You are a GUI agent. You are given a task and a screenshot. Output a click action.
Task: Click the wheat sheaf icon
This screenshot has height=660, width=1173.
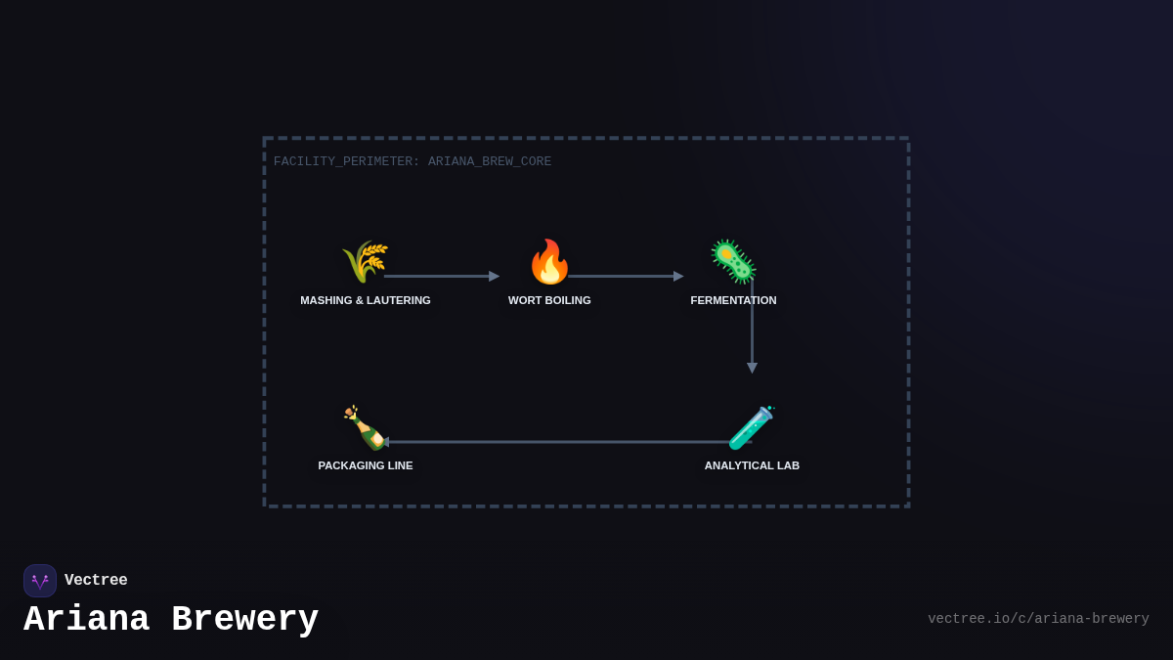(365, 261)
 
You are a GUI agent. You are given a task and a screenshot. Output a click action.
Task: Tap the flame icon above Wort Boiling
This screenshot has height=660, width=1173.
(548, 262)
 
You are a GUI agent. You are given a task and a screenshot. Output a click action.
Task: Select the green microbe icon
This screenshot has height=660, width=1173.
(733, 261)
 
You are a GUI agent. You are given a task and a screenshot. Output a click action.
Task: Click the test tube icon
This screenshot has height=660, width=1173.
(751, 428)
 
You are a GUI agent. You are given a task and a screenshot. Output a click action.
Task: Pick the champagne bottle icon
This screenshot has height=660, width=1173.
(364, 427)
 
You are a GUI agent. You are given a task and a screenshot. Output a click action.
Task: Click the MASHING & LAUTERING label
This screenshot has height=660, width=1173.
(366, 300)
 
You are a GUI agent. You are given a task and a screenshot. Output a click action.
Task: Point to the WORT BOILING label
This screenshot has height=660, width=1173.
(549, 300)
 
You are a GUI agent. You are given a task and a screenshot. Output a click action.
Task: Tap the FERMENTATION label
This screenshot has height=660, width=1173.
(733, 300)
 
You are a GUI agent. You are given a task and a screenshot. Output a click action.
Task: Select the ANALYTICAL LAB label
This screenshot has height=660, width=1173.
(752, 465)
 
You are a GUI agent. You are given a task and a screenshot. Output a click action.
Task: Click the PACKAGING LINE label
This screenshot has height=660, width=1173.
(366, 465)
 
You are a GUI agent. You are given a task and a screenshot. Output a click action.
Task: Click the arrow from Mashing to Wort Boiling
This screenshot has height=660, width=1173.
(440, 276)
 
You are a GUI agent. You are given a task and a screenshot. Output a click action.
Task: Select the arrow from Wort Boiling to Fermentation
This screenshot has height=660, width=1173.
(626, 276)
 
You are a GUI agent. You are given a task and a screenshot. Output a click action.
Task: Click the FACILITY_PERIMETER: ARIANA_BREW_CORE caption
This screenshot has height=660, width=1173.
(413, 161)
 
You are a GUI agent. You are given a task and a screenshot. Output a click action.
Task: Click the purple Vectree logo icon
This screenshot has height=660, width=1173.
(40, 581)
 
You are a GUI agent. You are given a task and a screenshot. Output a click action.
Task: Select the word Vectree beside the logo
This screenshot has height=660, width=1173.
(96, 581)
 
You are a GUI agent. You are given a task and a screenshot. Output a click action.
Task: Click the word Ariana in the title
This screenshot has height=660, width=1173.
(86, 620)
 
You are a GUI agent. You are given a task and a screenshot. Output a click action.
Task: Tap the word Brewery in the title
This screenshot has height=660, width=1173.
(244, 620)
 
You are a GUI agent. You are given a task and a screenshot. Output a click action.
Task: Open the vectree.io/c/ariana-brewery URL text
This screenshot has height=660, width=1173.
(1038, 619)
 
